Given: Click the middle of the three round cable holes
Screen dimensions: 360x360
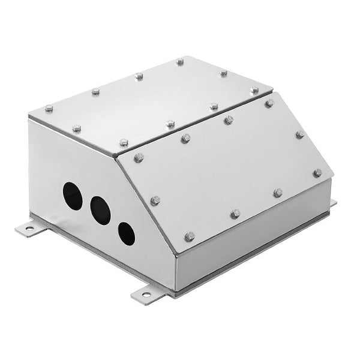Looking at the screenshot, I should [100, 211].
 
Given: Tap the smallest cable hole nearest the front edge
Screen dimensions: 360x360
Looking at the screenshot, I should [126, 233].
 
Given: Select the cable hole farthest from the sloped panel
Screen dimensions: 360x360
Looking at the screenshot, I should [73, 196].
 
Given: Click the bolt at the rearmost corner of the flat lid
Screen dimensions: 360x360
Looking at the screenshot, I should [180, 61].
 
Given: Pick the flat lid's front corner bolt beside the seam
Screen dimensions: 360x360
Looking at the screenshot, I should [124, 143].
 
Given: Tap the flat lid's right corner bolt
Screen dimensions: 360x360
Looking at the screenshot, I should [254, 90].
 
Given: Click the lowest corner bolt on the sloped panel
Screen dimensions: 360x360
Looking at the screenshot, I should [190, 236].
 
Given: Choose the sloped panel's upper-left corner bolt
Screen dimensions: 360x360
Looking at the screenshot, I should [139, 157].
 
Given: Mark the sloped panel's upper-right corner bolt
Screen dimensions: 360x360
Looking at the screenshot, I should [269, 103].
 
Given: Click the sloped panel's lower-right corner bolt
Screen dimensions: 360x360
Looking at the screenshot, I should [317, 173].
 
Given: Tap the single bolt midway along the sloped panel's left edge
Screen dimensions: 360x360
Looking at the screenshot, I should [155, 200].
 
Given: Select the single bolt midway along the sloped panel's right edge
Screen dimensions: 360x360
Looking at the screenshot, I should [299, 134].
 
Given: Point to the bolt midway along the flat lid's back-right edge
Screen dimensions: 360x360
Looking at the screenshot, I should [223, 73].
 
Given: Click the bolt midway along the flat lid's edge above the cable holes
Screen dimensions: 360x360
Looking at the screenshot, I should [77, 128].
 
